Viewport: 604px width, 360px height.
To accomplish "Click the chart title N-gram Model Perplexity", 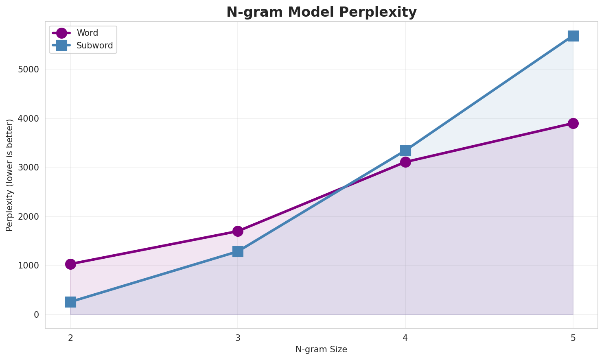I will click(x=322, y=12).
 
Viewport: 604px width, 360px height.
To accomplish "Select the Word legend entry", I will click(x=87, y=33).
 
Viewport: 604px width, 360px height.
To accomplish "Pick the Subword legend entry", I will click(x=94, y=46).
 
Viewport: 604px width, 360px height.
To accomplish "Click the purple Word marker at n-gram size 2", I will click(x=70, y=264).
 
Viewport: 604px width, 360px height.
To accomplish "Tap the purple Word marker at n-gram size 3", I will click(x=238, y=231).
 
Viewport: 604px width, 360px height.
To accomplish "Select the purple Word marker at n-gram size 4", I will click(x=405, y=162).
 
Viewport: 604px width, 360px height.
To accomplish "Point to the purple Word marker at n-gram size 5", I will click(x=573, y=123).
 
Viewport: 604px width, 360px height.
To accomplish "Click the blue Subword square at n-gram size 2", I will click(x=70, y=302).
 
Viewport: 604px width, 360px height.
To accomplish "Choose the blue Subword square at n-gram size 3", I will click(x=238, y=251).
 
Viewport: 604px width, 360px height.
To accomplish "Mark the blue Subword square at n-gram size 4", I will click(x=405, y=151).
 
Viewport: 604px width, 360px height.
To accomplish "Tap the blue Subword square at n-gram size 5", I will click(x=573, y=36).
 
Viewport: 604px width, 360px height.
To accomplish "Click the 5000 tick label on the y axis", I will click(x=28, y=69).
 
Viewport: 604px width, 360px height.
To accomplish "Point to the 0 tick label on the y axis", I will click(x=37, y=314).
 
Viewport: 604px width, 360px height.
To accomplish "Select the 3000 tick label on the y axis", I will click(x=28, y=168).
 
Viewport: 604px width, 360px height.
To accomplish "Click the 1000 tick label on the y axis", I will click(x=28, y=266).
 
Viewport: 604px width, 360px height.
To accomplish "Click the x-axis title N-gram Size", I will click(x=321, y=349).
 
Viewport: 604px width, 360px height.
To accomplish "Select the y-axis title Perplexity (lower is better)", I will click(x=10, y=175).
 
